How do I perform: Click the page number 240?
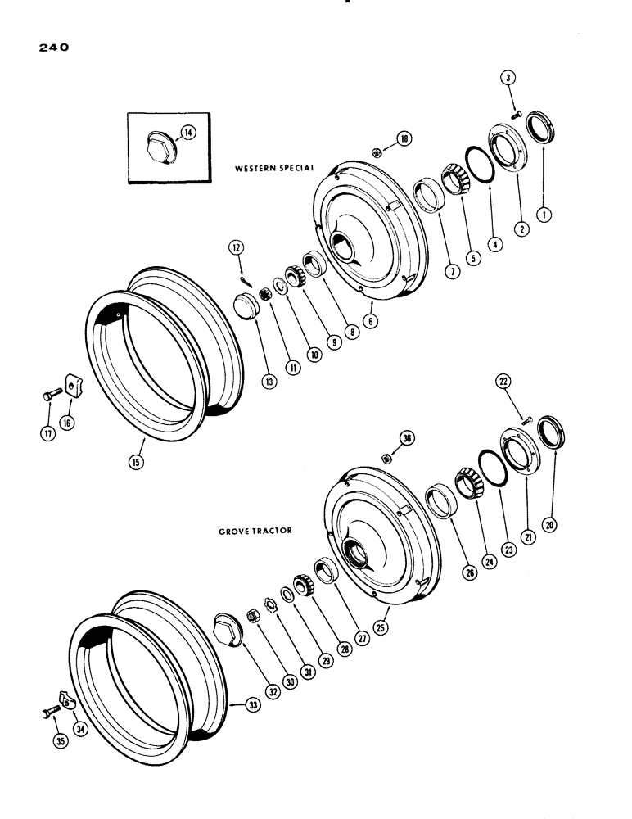pyautogui.click(x=51, y=48)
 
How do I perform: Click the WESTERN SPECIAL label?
pyautogui.click(x=269, y=168)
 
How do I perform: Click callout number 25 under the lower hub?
pyautogui.click(x=381, y=627)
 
